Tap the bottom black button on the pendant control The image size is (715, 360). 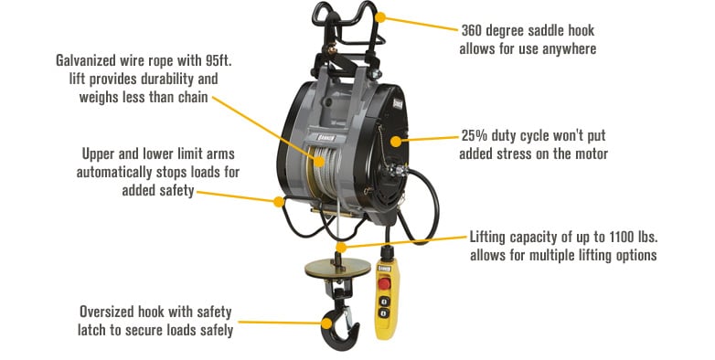click(385, 314)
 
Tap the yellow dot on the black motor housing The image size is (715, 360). click(396, 141)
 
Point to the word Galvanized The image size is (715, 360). click(91, 60)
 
